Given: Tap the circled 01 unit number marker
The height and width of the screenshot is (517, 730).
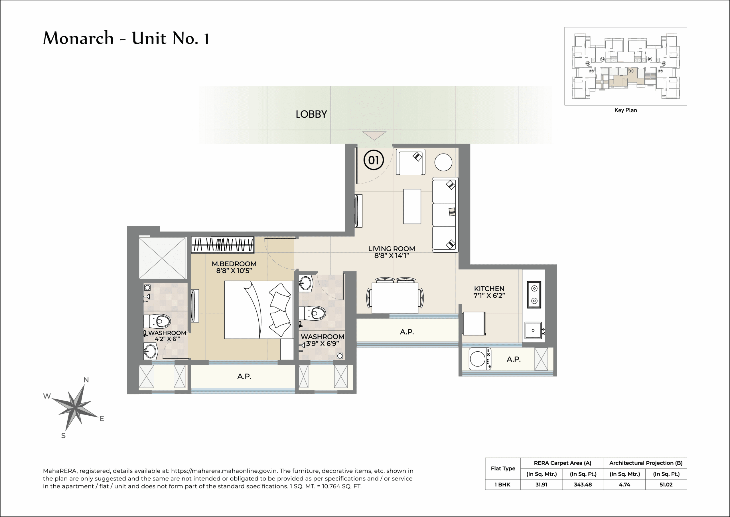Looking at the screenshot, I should (374, 160).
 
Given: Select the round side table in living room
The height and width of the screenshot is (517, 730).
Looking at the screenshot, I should (443, 162).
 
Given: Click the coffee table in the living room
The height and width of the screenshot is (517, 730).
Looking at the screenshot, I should (412, 206).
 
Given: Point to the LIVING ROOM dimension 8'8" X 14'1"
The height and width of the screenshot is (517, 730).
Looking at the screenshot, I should (392, 256).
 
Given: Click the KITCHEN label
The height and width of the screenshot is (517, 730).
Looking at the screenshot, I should (489, 288).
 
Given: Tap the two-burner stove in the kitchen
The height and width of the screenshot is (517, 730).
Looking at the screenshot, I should (534, 295).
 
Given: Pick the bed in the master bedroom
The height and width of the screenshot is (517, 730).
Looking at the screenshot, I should (258, 309).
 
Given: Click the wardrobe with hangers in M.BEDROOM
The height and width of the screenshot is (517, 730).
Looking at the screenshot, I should (222, 245).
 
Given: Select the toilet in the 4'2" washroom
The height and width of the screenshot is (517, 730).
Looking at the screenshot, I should (158, 321).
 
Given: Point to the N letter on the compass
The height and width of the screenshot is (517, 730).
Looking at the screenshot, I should (86, 380).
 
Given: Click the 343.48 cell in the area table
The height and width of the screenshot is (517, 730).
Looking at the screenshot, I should (583, 484).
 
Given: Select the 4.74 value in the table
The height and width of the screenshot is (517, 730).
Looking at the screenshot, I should (624, 484).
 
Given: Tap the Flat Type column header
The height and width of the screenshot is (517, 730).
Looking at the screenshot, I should (503, 468).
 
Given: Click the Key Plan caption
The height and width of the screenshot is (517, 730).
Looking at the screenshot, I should (625, 110).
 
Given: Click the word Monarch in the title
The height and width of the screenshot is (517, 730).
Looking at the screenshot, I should (78, 38).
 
